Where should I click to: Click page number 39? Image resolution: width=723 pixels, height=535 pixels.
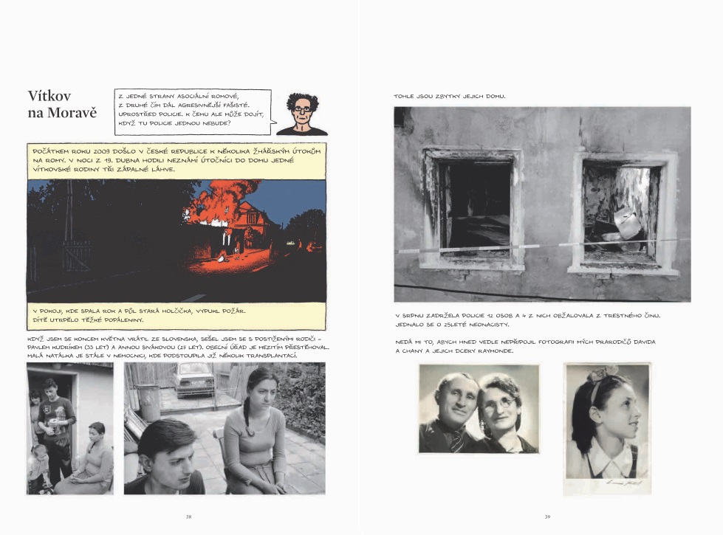coord(547,517)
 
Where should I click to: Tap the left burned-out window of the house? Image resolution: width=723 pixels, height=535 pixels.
coord(473,207)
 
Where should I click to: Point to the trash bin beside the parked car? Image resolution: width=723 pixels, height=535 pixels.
coord(149,402)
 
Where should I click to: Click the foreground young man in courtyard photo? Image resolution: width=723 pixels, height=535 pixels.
coord(167,458)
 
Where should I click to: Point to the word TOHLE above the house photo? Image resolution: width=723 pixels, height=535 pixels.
coord(405,96)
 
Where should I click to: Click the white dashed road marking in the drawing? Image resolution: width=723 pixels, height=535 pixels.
coord(193,297)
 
